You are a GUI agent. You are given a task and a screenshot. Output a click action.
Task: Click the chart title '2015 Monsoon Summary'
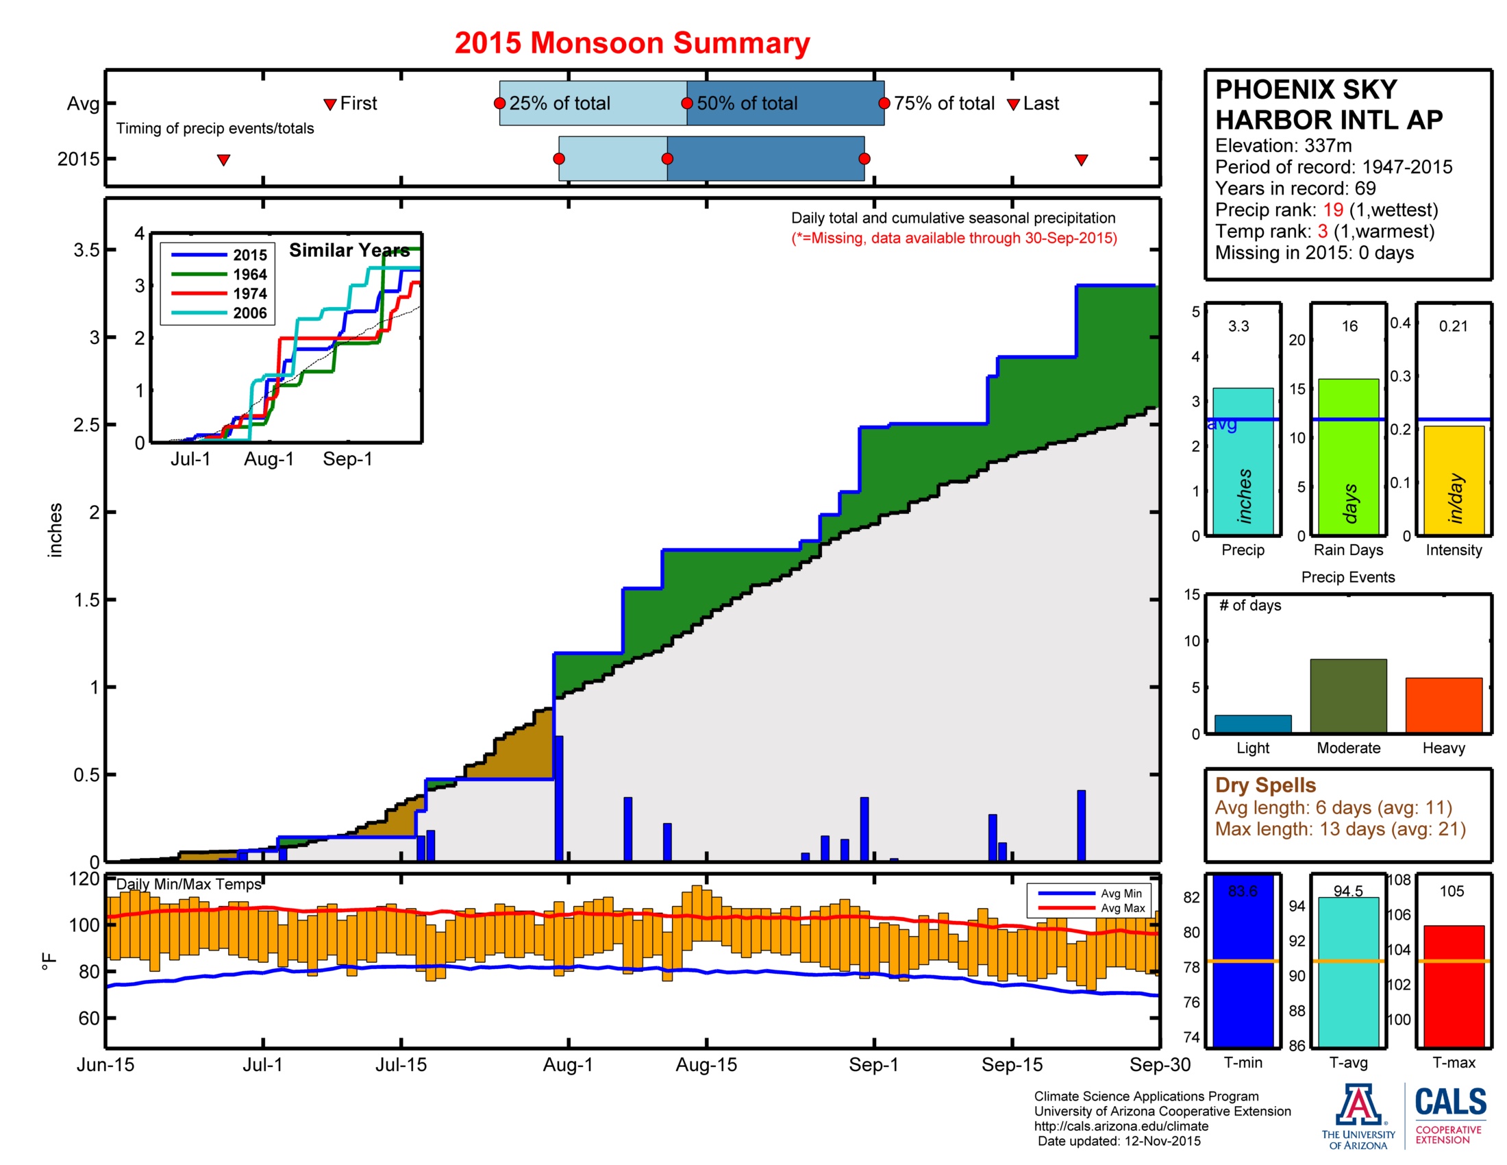coord(632,42)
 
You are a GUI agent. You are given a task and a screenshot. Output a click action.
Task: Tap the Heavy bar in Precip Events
coord(1443,704)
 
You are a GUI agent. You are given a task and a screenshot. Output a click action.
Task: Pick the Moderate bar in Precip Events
coord(1347,696)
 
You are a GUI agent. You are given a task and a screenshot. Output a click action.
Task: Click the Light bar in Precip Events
coord(1252,723)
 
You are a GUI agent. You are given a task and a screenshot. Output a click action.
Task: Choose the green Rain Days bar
coord(1347,456)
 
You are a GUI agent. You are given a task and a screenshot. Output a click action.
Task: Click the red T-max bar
coord(1453,986)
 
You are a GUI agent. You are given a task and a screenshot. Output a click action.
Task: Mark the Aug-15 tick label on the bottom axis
coord(706,1065)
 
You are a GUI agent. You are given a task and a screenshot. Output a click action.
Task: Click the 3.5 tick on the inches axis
coord(87,250)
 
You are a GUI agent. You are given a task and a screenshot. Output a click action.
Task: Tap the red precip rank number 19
coord(1332,210)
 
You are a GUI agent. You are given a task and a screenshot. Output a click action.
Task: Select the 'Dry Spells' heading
coord(1265,785)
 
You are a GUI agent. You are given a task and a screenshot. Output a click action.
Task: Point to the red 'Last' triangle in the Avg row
coord(1013,105)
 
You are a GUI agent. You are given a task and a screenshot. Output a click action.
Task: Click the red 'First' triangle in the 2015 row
coord(223,160)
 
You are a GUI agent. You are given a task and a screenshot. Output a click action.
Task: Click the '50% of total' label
coord(747,103)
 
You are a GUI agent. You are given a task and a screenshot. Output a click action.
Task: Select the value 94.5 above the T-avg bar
coord(1347,891)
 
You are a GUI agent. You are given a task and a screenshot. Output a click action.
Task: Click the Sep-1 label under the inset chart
coord(347,459)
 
